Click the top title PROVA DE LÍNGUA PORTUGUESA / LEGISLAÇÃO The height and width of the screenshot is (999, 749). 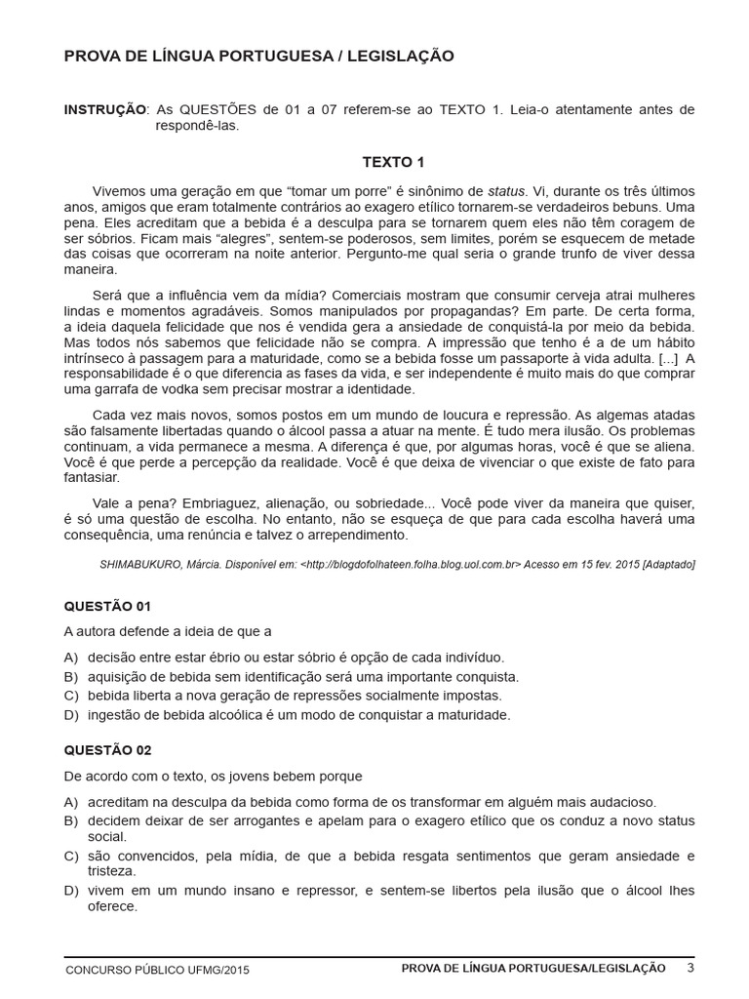tap(258, 57)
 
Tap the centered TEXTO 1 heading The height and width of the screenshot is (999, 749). tap(393, 162)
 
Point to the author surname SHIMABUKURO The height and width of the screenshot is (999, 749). tap(143, 564)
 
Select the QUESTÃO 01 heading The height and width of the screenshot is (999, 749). tap(106, 606)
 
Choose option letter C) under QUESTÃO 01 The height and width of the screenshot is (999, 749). tap(69, 696)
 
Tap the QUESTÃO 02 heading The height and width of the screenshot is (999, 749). tap(107, 750)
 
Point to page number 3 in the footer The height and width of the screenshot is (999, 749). tap(690, 968)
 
